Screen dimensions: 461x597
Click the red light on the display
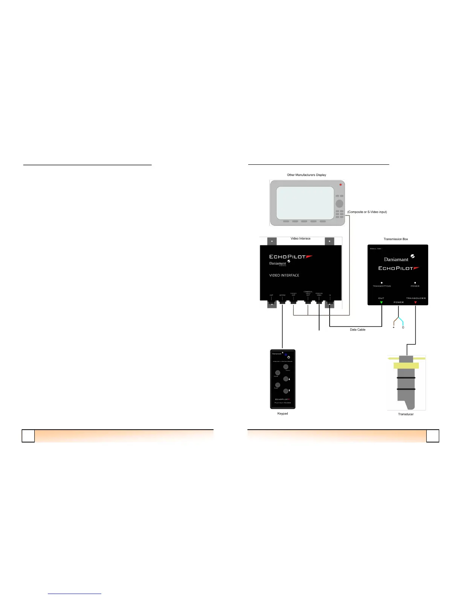click(340, 185)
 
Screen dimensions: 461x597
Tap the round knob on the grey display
click(339, 204)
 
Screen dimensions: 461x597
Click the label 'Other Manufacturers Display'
click(307, 175)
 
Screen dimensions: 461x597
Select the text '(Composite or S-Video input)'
click(367, 212)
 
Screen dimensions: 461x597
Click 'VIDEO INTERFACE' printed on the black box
click(284, 276)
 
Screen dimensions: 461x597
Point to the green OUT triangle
click(382, 302)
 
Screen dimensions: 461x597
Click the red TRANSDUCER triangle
click(415, 302)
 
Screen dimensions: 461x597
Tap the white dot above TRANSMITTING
click(382, 282)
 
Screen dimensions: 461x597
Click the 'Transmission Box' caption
click(396, 239)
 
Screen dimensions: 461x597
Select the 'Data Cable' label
click(357, 330)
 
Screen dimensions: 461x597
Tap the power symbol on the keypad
click(289, 357)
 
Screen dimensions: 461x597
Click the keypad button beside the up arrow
click(286, 379)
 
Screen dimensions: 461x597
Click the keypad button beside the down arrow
click(286, 391)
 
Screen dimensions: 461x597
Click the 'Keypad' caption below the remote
click(282, 413)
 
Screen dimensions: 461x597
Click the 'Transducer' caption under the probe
click(406, 414)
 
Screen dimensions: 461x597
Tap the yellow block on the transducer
click(406, 366)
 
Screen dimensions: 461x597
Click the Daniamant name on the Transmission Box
click(396, 259)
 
